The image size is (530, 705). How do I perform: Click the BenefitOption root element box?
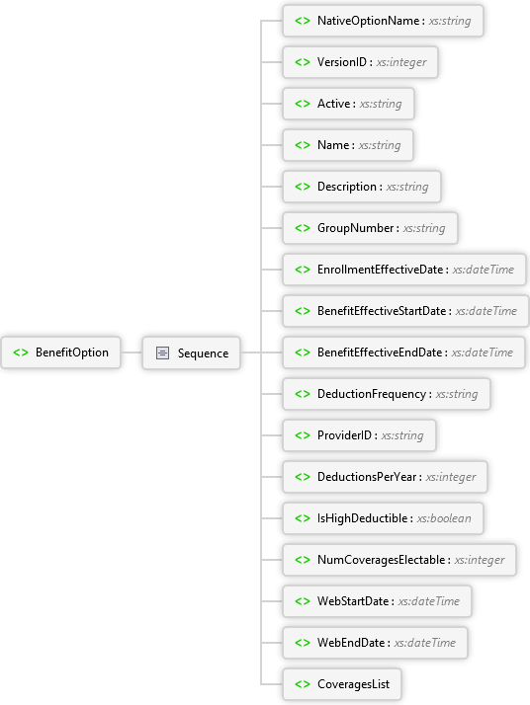[60, 352]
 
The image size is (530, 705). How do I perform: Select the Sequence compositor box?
[192, 352]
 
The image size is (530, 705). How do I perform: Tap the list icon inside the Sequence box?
[162, 352]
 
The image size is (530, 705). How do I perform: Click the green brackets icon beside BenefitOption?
[21, 352]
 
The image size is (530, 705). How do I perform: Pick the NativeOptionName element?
[383, 21]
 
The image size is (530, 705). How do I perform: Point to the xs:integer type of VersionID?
[401, 62]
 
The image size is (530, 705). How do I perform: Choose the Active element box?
[348, 104]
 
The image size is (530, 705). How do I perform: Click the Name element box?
[348, 145]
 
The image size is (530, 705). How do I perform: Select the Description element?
[362, 187]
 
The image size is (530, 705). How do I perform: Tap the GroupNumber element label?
[356, 228]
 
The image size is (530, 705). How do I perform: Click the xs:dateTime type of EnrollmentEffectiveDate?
[484, 270]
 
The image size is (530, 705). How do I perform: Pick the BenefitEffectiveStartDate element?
[405, 311]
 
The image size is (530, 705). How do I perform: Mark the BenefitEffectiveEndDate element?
[403, 352]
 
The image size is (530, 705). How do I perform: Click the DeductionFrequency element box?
[387, 394]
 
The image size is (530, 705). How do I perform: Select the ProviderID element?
[359, 435]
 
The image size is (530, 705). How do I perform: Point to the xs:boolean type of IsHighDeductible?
[444, 518]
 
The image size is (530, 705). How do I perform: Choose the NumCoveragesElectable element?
[398, 560]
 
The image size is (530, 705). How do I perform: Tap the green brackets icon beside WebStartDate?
[303, 601]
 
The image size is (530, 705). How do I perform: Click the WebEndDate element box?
[375, 643]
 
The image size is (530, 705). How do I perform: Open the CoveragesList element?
[342, 684]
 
